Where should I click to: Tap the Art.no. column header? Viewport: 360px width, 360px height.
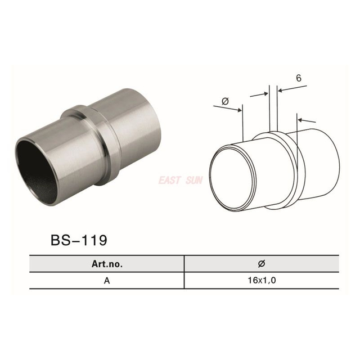[x=106, y=263]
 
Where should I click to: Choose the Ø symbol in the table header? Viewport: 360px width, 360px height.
[x=262, y=263]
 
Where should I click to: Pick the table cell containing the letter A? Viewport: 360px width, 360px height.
[x=106, y=280]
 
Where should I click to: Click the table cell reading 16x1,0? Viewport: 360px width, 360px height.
[x=262, y=280]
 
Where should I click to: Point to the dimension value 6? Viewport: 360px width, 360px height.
[x=298, y=78]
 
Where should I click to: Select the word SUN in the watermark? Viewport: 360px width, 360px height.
[x=194, y=181]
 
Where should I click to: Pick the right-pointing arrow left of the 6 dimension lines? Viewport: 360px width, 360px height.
[x=259, y=94]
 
